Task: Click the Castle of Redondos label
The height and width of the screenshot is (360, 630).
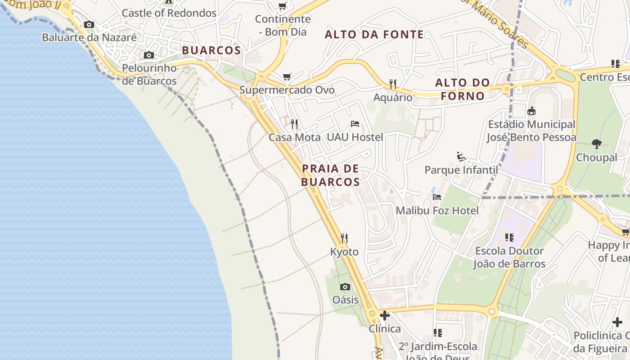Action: pos(169,13)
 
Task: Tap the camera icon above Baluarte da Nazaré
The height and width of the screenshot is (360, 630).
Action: pos(89,25)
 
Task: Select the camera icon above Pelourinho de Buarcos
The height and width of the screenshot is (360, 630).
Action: pos(149,55)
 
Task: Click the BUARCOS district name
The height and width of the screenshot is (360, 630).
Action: pos(211,50)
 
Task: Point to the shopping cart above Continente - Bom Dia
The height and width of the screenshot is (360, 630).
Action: pos(283,6)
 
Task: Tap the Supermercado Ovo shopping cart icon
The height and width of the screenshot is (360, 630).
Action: pos(287,77)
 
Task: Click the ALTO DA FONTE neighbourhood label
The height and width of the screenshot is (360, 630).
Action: pos(374,35)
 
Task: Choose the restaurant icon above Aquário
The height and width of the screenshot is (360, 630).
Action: pos(393,84)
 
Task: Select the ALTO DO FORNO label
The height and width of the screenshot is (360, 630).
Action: pos(463,89)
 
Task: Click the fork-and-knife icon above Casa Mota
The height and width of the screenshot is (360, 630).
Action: pos(294,124)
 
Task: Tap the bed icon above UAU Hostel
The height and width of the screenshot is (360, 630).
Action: pos(355,124)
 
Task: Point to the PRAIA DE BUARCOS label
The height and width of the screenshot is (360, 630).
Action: pos(331,175)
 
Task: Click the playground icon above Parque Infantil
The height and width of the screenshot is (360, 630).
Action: pos(461,157)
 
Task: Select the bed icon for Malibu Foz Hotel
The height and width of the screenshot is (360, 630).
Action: pos(437,197)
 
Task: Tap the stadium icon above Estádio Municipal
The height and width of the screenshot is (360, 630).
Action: pos(531,111)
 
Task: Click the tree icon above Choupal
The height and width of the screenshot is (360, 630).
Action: pos(597,144)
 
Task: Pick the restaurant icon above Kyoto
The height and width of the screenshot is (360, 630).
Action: pos(344,238)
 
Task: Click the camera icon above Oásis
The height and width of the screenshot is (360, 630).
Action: pos(345,287)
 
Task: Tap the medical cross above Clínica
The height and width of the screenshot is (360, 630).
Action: pos(385,315)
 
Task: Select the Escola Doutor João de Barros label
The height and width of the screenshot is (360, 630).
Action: pos(509,257)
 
